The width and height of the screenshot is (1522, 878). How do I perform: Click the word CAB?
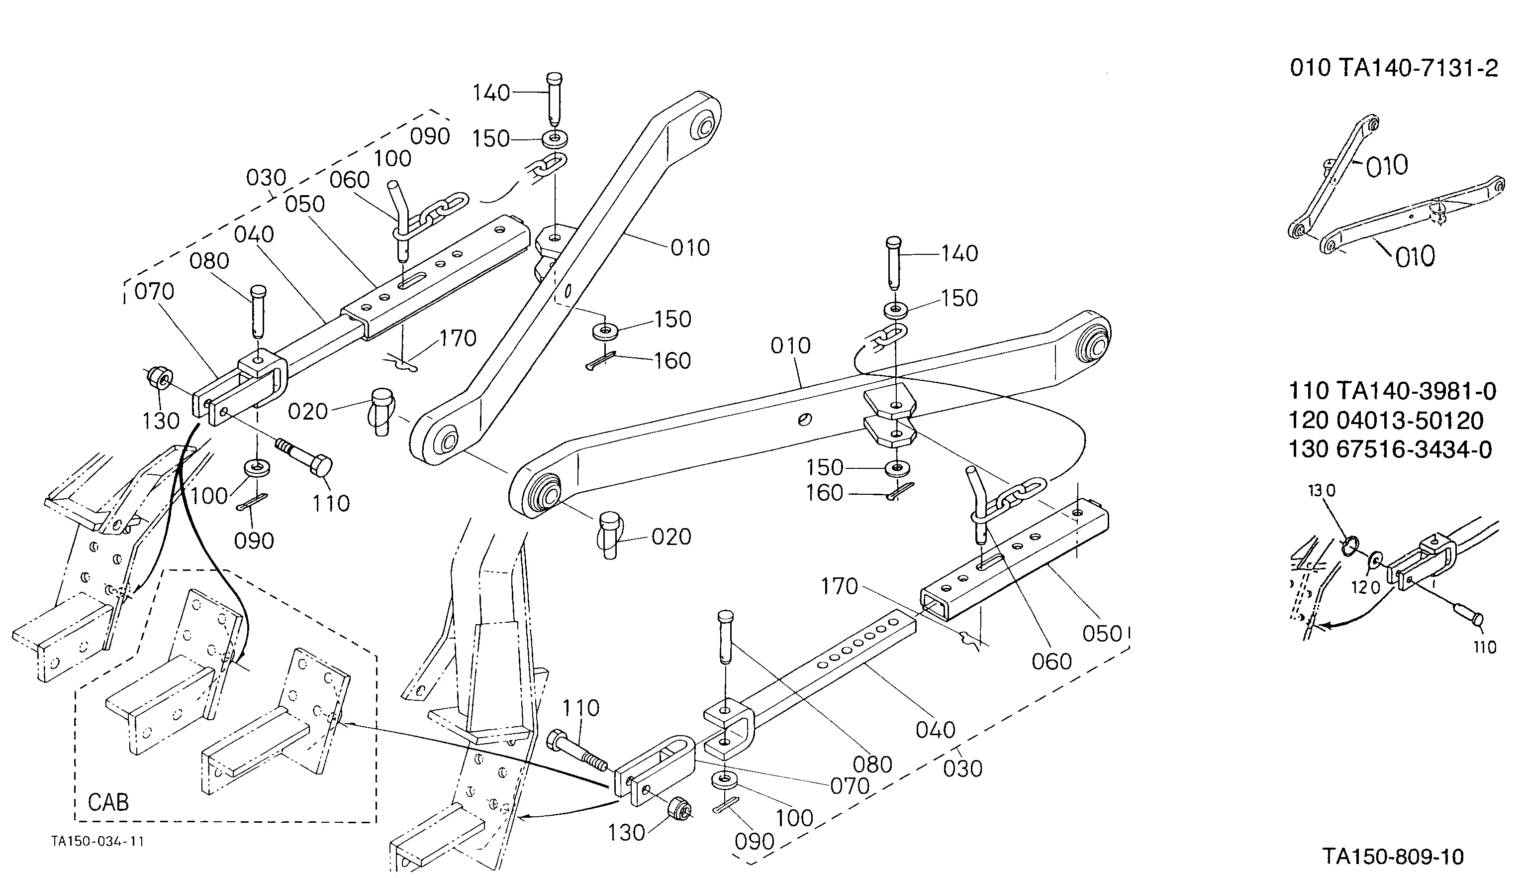(108, 802)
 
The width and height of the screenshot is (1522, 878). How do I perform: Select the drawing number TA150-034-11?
(97, 841)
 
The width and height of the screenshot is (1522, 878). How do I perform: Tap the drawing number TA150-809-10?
(1393, 856)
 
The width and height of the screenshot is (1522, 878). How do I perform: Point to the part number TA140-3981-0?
(1416, 391)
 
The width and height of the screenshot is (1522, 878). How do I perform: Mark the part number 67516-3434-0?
(1414, 449)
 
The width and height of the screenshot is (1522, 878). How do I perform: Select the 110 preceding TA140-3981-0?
(1309, 391)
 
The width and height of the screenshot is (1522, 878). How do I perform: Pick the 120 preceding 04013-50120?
(1309, 420)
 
